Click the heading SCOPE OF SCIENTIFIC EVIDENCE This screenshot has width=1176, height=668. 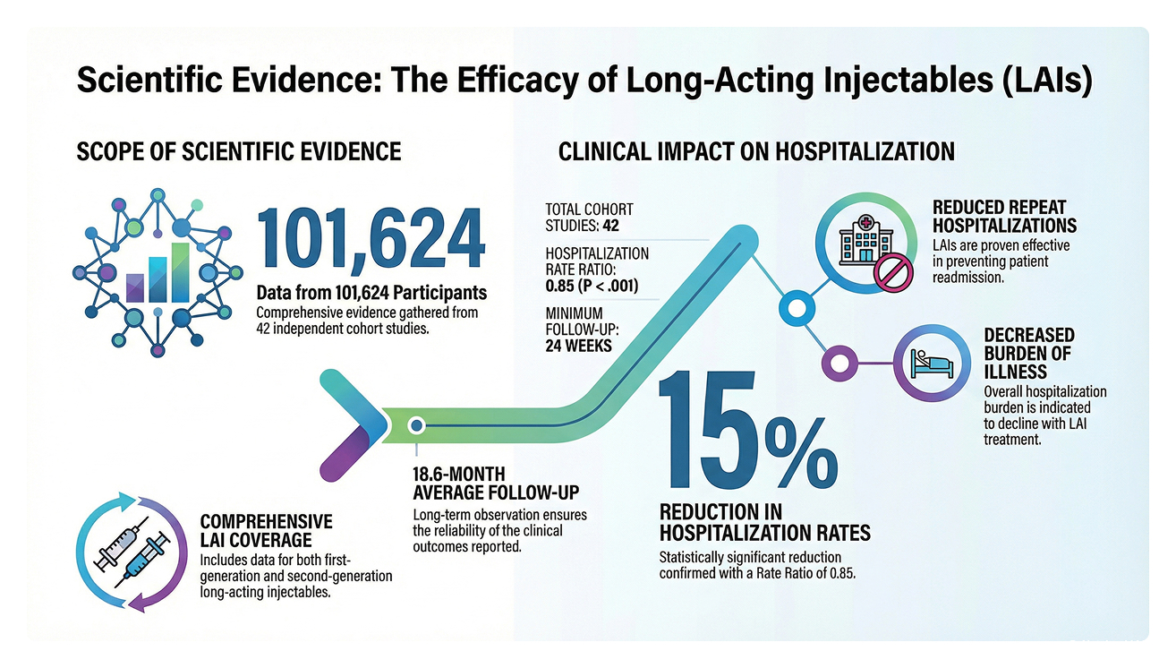[x=239, y=151]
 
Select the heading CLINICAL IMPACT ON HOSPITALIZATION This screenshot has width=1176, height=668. [x=756, y=151]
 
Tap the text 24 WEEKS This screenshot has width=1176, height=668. [x=578, y=345]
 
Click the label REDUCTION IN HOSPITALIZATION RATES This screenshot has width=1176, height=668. [x=764, y=523]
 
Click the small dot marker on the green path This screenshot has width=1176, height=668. [x=415, y=424]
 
